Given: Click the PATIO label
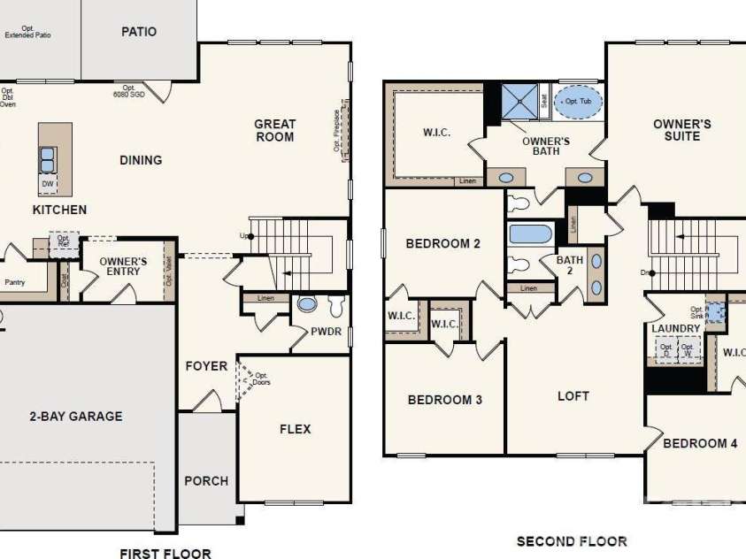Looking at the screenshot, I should click(x=139, y=32).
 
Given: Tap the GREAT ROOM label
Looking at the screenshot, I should click(x=275, y=130).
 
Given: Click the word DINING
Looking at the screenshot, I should click(x=142, y=160).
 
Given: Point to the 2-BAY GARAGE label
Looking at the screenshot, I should click(x=75, y=416).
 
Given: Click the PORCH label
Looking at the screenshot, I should click(x=206, y=481).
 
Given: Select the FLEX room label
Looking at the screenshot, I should click(x=296, y=429).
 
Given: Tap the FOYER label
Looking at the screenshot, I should click(x=206, y=366).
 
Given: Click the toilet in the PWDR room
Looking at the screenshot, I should click(x=335, y=306).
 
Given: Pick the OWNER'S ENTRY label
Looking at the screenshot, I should click(x=124, y=267).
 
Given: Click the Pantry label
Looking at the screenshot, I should click(x=15, y=283).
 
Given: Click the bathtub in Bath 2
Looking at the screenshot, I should click(x=530, y=235).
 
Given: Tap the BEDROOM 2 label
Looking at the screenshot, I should click(x=443, y=243).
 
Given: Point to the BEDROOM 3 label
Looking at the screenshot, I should click(x=445, y=400).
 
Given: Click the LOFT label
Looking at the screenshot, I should click(x=573, y=395).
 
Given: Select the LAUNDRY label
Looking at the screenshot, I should click(x=676, y=329).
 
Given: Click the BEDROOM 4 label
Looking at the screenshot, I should click(x=700, y=443).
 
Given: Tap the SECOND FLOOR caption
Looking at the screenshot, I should click(x=572, y=540).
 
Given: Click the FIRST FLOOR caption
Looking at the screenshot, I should click(x=165, y=554).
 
